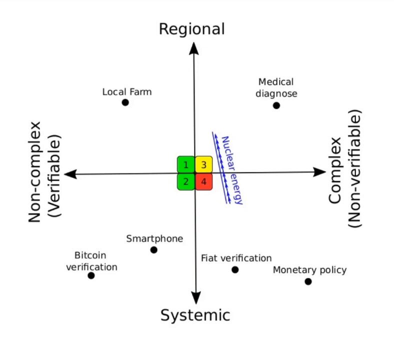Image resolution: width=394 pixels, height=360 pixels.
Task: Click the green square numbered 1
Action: click(x=185, y=164)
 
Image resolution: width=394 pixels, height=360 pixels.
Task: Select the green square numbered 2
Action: click(x=185, y=181)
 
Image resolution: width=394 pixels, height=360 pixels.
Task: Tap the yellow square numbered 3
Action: click(x=203, y=164)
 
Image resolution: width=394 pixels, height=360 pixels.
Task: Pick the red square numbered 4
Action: click(x=203, y=181)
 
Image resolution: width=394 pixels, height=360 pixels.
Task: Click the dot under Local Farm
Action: click(x=125, y=102)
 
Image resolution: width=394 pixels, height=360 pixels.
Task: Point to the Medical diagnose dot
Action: click(x=276, y=105)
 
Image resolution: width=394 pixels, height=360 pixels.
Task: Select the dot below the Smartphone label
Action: click(x=153, y=250)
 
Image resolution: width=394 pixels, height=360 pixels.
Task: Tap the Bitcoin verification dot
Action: click(x=91, y=275)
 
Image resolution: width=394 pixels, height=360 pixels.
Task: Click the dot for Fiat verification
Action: click(x=235, y=270)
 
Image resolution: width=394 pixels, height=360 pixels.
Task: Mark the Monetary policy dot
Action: click(x=308, y=281)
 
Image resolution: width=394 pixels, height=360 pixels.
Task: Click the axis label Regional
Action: click(x=191, y=29)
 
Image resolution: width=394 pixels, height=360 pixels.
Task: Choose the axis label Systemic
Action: click(x=195, y=315)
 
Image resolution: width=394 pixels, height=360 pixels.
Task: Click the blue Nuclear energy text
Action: click(x=232, y=170)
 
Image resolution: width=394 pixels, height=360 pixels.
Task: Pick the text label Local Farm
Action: click(x=127, y=92)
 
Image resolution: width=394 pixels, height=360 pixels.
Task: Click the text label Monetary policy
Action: click(x=309, y=270)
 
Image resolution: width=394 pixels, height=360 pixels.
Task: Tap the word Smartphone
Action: click(x=154, y=238)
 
